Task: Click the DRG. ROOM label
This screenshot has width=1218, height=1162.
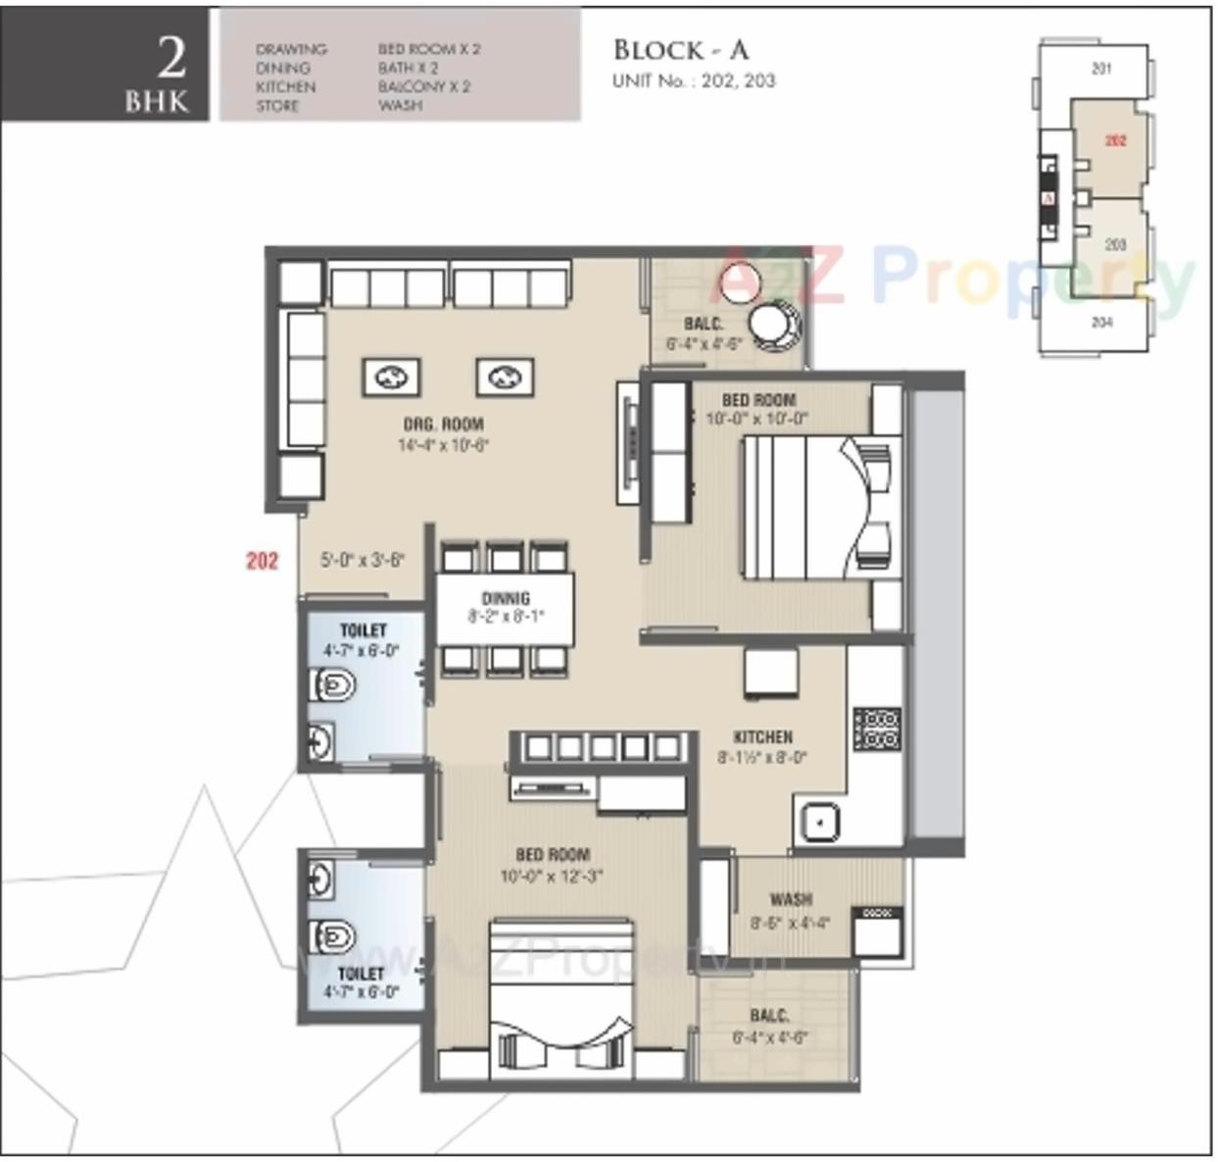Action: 443,424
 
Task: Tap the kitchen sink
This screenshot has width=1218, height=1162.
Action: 818,822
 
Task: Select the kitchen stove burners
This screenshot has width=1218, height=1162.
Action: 877,729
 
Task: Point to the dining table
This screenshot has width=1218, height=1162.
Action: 505,608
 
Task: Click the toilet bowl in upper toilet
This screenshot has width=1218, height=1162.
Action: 332,684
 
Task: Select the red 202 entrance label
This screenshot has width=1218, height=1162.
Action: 262,560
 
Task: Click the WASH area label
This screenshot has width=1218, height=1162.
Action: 790,898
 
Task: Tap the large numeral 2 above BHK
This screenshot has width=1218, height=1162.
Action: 171,58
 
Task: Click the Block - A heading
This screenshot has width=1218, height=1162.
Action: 680,50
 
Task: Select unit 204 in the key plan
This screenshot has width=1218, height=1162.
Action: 1101,322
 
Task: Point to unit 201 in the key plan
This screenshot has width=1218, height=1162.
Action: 1101,69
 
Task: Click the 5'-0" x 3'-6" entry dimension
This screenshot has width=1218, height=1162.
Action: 362,560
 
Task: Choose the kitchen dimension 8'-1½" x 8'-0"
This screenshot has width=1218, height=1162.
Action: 762,757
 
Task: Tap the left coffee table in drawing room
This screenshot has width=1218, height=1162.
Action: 392,377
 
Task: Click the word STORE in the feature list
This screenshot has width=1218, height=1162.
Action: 277,106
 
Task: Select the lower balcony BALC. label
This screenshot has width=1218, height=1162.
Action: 769,1016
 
